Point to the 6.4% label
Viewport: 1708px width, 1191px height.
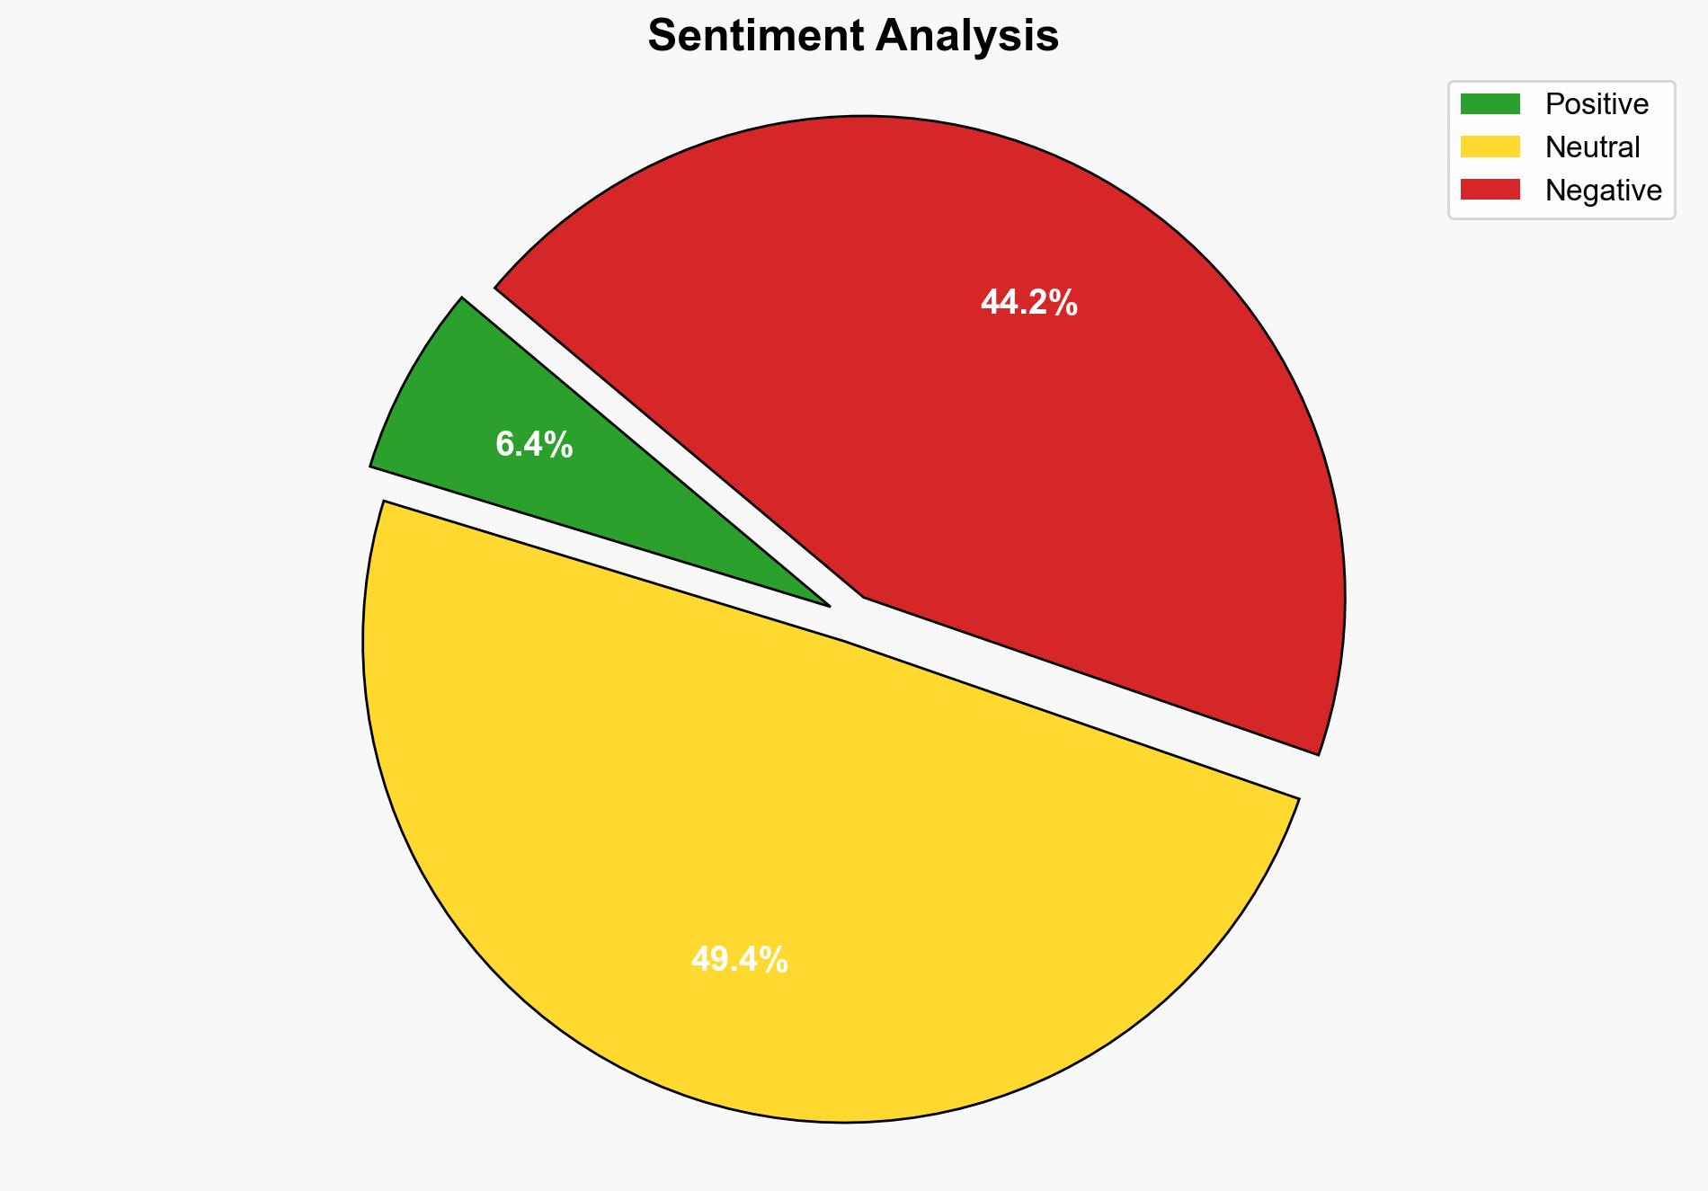pos(534,445)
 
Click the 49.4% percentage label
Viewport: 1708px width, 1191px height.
pos(739,960)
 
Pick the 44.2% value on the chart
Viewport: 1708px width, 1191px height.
pos(1028,303)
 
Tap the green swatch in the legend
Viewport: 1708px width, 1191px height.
pos(1490,104)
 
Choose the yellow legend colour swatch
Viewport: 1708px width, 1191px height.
pos(1490,147)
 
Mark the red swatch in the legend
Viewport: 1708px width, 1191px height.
pos(1490,190)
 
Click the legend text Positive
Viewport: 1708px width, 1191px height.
pos(1597,104)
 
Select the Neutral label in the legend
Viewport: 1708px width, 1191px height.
pos(1592,147)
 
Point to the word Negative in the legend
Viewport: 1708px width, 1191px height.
pos(1603,191)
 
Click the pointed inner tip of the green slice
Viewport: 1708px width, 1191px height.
pos(827,605)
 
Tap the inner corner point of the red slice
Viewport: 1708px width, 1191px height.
pos(864,596)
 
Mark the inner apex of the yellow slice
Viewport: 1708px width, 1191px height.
pos(844,641)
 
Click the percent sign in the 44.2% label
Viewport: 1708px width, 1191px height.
pos(1065,303)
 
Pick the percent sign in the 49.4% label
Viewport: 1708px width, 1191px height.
pos(776,960)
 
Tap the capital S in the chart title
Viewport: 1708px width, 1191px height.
pos(663,37)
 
